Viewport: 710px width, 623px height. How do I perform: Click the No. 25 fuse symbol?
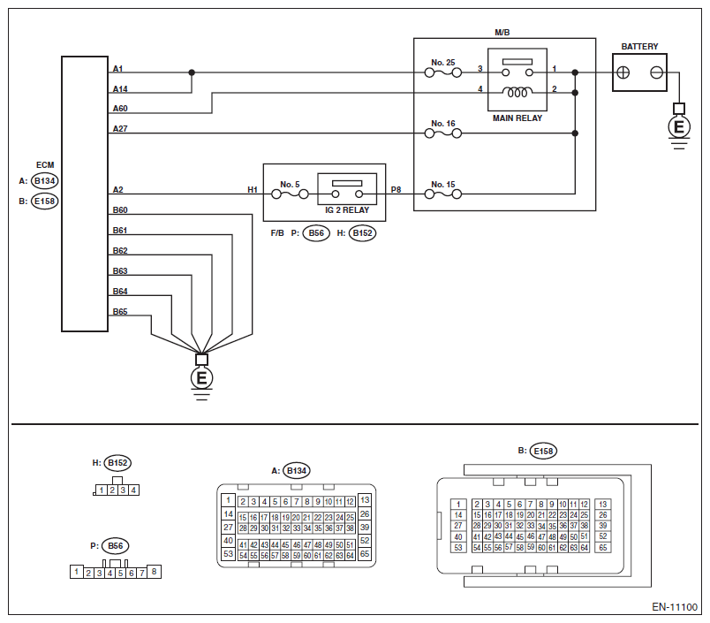(442, 72)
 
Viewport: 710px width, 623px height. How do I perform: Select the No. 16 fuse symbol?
(442, 133)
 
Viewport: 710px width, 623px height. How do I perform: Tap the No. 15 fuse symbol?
(442, 194)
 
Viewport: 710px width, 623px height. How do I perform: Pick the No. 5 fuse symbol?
(290, 194)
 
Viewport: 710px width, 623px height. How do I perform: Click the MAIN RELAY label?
(517, 118)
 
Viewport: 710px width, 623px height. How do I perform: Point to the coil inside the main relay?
(517, 93)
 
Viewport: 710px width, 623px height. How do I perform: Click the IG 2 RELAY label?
(347, 210)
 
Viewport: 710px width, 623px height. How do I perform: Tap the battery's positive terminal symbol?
(623, 72)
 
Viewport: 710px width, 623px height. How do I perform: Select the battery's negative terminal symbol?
(656, 72)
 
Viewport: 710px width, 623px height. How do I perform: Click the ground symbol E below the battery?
(679, 127)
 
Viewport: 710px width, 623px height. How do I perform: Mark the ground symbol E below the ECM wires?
(201, 378)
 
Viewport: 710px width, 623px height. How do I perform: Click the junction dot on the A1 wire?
(192, 72)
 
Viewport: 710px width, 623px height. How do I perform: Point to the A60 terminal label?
(120, 109)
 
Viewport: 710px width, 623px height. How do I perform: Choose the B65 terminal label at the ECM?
(120, 312)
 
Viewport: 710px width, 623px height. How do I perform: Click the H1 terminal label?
(253, 190)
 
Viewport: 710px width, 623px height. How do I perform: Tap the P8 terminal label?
(396, 190)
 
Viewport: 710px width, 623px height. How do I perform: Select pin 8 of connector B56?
(154, 572)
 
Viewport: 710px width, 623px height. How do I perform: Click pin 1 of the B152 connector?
(102, 490)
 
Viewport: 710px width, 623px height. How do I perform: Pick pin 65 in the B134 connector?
(365, 554)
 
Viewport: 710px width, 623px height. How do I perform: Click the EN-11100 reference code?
(675, 607)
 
